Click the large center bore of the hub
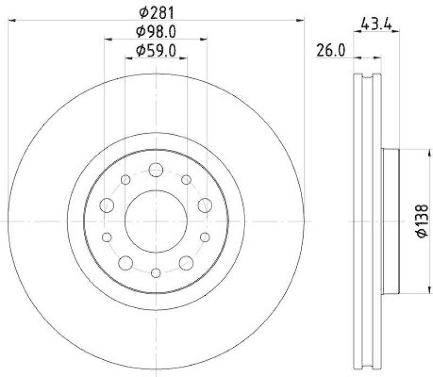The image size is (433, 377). (156, 221)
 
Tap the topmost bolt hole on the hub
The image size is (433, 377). (156, 169)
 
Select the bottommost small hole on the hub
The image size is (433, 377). (156, 273)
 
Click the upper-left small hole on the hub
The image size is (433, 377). (126, 180)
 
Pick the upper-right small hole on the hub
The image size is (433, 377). (187, 180)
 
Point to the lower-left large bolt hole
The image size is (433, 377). (126, 262)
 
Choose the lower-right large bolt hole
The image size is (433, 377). (187, 262)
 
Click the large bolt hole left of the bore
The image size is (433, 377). (107, 205)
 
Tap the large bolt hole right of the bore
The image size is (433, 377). (205, 205)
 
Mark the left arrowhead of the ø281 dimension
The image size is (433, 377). (12, 21)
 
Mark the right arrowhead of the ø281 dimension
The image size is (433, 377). (301, 21)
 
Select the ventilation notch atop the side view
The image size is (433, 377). (367, 81)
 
